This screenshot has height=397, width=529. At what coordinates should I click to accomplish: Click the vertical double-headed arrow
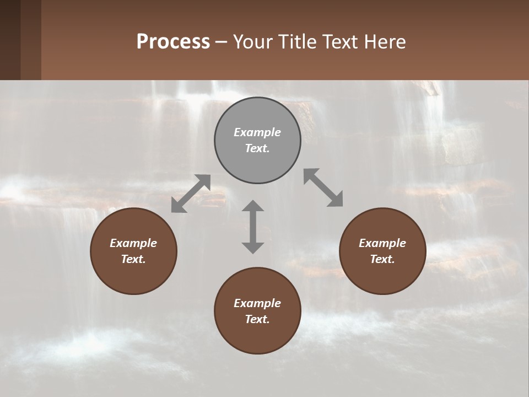pos(253,227)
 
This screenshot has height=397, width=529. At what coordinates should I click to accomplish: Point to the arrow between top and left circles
pos(191,194)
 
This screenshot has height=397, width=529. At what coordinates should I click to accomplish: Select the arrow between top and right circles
pos(323,187)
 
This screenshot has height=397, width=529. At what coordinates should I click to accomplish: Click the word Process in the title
pos(173,41)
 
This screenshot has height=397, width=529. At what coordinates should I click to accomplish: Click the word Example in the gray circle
pos(257,132)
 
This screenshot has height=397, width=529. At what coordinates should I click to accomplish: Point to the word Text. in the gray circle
pos(257,148)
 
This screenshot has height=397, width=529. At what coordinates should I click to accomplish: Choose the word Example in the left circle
pos(133,243)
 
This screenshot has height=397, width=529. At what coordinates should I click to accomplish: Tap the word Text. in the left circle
pos(133,259)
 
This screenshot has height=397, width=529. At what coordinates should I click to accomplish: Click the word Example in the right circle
pos(382,243)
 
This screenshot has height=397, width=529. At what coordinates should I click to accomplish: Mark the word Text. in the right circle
pos(382,259)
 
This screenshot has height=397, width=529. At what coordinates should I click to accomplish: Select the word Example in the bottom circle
pos(257,303)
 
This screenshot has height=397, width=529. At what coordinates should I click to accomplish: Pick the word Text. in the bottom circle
pos(257,319)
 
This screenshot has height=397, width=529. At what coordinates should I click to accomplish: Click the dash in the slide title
pos(221,42)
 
